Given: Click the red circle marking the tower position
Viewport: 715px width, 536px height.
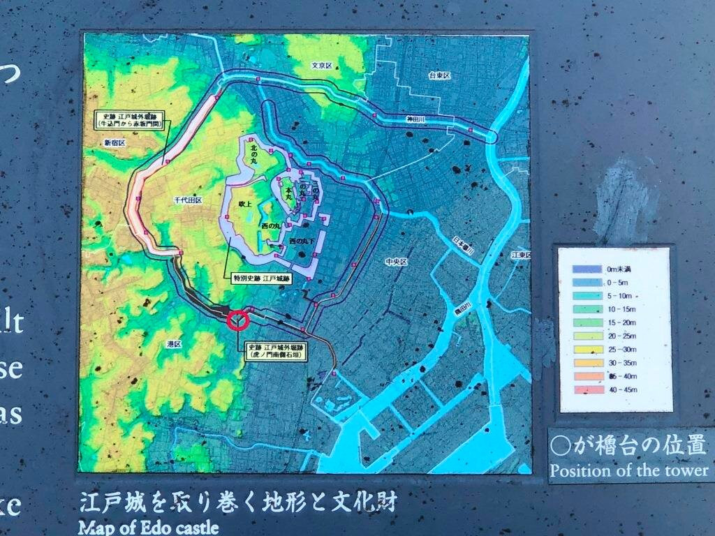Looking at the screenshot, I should pyautogui.click(x=238, y=320).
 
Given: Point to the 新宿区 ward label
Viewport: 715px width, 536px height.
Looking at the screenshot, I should pyautogui.click(x=113, y=142).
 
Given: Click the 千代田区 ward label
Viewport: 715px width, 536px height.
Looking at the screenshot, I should pyautogui.click(x=188, y=200).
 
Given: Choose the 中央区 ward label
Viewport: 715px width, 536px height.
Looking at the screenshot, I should pyautogui.click(x=396, y=262).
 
